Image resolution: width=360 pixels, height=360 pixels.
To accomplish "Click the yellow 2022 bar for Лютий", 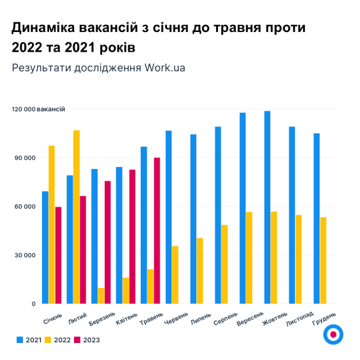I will click(77, 217).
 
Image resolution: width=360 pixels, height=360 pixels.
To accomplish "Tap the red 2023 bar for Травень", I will click(157, 230).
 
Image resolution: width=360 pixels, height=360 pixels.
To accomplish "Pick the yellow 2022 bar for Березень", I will click(101, 296).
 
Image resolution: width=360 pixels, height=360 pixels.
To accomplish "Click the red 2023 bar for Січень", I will click(58, 255).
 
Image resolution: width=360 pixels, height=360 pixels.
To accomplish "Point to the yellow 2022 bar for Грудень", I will click(323, 261).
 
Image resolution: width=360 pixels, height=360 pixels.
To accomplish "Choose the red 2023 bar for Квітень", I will click(132, 236).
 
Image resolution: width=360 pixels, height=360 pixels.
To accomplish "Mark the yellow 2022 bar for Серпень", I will click(225, 264).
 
